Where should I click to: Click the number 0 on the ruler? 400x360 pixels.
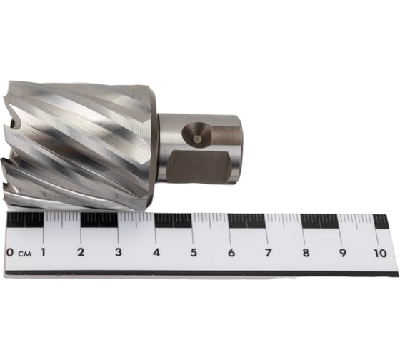tap(9, 253)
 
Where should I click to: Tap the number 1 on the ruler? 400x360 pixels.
tap(44, 252)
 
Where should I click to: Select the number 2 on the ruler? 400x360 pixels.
tap(81, 252)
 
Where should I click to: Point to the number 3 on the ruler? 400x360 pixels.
tap(118, 252)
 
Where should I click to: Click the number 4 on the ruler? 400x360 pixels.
tap(156, 253)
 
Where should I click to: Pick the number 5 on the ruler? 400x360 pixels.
tap(194, 253)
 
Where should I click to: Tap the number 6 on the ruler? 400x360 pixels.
tap(231, 253)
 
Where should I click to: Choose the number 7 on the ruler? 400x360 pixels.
tap(268, 253)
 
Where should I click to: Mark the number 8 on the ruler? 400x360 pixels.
tap(306, 253)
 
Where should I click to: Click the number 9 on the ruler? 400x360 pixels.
tap(342, 253)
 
